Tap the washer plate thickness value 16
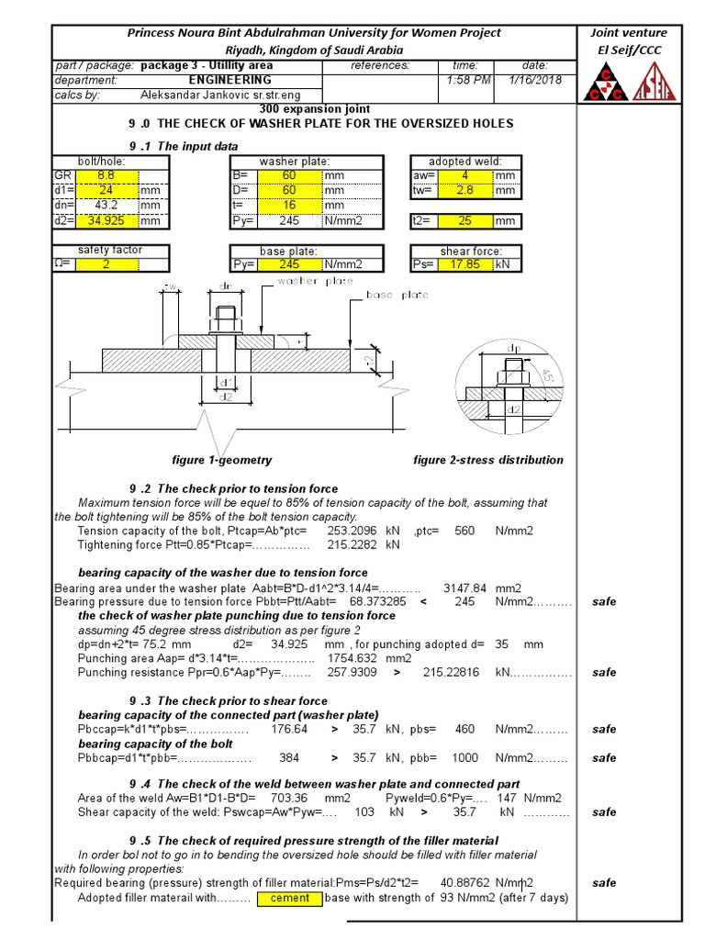click(288, 206)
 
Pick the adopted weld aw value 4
click(465, 176)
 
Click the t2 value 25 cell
click(465, 220)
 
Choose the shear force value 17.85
click(465, 264)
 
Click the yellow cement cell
click(290, 898)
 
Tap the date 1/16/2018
click(534, 80)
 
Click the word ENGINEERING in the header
click(229, 80)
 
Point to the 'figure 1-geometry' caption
click(222, 460)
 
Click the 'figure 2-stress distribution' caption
click(488, 460)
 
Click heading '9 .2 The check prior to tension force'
click(233, 488)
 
